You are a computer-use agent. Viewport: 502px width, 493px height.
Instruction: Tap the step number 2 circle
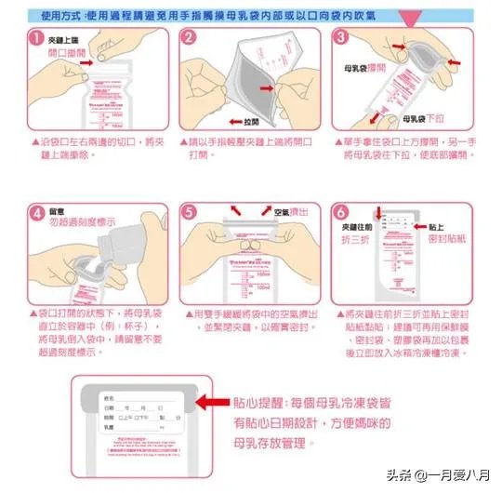189,38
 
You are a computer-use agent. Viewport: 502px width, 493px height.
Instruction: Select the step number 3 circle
341,37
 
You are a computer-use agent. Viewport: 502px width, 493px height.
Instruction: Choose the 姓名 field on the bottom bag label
112,394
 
